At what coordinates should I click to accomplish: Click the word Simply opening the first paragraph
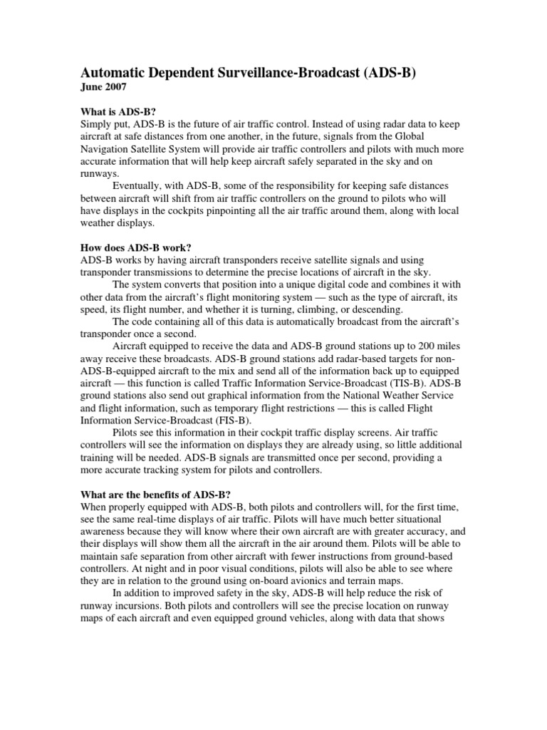(x=95, y=126)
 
